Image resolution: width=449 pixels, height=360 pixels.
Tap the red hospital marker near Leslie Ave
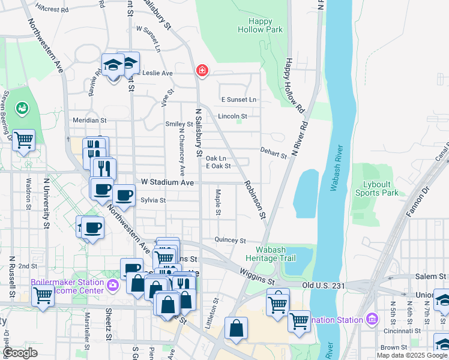(x=202, y=71)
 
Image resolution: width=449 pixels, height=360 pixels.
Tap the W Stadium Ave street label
(x=167, y=182)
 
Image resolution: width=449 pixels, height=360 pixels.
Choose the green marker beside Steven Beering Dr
(x=22, y=108)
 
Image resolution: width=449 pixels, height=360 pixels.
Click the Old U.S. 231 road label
(x=324, y=286)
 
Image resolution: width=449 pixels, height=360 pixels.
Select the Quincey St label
(x=231, y=241)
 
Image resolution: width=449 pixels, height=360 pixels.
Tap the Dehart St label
(x=273, y=154)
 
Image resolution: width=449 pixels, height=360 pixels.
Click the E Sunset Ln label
(x=238, y=100)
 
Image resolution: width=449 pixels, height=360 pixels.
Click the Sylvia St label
(x=152, y=200)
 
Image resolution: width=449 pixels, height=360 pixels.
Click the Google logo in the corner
(x=20, y=353)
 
